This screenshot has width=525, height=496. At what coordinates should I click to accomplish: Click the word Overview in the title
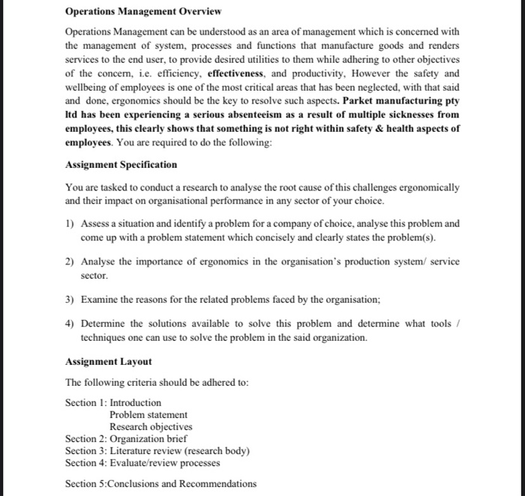click(x=196, y=12)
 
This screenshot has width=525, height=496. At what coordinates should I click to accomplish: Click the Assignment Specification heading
click(x=121, y=164)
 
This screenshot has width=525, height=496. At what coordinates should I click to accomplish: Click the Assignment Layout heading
click(x=108, y=362)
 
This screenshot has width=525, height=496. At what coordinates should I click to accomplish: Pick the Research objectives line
click(x=151, y=426)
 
